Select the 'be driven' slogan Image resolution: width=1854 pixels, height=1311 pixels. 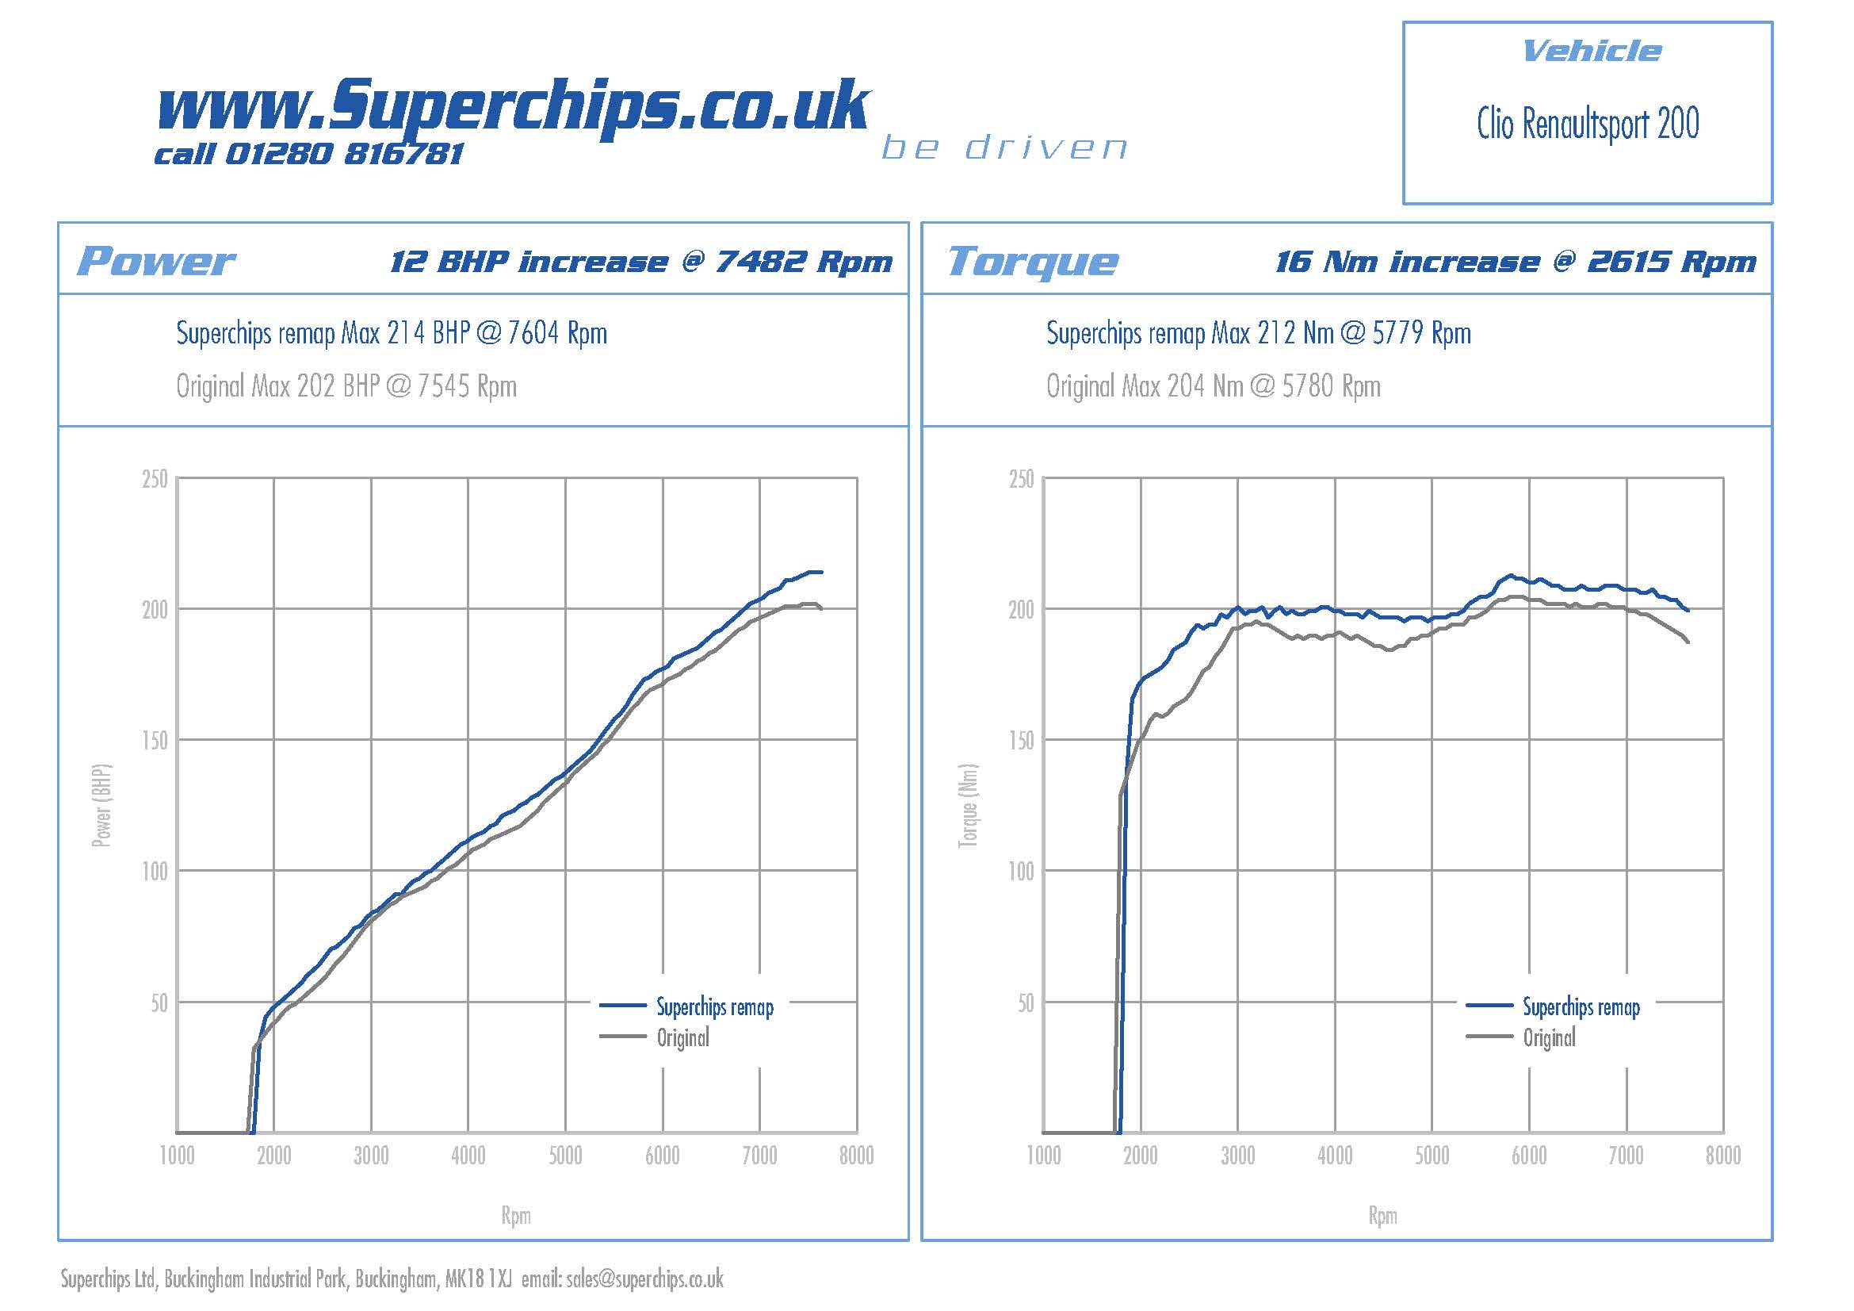point(1003,148)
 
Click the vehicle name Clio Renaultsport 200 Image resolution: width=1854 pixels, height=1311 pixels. point(1588,125)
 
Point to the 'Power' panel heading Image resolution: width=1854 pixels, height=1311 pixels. point(155,261)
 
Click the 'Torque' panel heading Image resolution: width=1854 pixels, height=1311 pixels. point(1033,261)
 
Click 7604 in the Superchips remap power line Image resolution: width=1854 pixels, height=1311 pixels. point(533,333)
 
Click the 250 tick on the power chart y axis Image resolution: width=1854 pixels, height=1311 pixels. point(155,479)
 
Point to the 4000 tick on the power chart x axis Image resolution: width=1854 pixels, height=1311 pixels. point(468,1156)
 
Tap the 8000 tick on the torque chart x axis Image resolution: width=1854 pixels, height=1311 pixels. point(1723,1156)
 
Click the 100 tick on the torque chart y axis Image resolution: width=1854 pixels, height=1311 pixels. point(1022,872)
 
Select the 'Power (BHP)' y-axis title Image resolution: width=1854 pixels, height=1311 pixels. point(101,805)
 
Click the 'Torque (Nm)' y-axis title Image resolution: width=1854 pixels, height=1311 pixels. point(968,805)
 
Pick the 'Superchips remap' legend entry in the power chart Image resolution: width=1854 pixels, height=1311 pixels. point(715,1007)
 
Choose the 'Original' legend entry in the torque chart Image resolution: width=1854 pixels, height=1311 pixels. point(1549,1038)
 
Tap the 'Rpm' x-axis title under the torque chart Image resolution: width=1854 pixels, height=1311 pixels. point(1382,1216)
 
